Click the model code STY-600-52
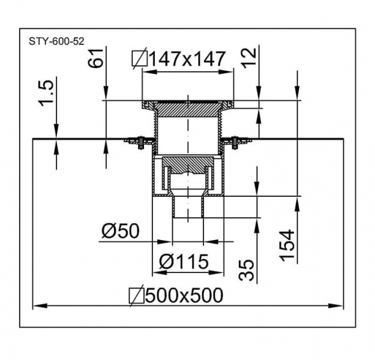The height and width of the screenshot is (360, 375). (56, 41)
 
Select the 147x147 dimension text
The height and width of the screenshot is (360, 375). (187, 59)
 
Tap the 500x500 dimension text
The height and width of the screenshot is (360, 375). (184, 295)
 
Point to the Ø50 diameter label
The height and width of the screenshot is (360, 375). (120, 231)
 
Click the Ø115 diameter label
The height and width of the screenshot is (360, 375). (184, 262)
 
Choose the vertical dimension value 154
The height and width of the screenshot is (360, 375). (287, 245)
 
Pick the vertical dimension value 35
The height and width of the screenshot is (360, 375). (246, 270)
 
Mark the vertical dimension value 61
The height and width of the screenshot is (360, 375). (95, 58)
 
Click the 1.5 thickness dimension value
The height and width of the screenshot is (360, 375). (46, 93)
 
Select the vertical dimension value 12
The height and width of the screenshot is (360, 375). (248, 58)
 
